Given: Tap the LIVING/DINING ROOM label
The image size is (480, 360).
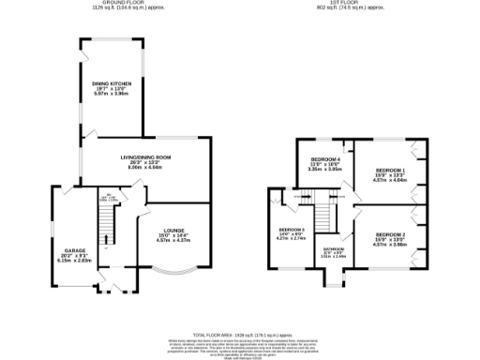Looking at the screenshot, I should (142, 156).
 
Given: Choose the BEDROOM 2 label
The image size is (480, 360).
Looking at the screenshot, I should (389, 233).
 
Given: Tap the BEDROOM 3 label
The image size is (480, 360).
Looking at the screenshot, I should (292, 229).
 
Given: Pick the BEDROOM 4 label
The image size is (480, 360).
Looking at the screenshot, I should (325, 159).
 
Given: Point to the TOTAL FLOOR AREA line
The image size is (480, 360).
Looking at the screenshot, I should (240, 334).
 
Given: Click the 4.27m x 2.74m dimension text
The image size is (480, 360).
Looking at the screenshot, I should (292, 240).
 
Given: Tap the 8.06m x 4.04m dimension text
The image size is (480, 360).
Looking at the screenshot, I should (142, 167).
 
